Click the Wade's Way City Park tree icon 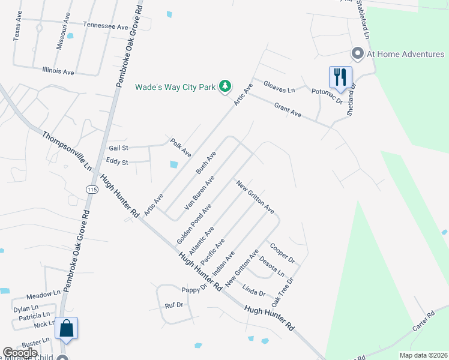(225, 87)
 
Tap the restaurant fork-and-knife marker (340, 77)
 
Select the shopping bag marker (67, 328)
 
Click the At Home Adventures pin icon (358, 54)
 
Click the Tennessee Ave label (106, 26)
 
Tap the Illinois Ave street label (58, 71)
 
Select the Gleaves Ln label (280, 89)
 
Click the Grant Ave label (288, 109)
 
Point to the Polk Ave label (180, 147)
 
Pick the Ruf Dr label (173, 305)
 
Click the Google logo (20, 353)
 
